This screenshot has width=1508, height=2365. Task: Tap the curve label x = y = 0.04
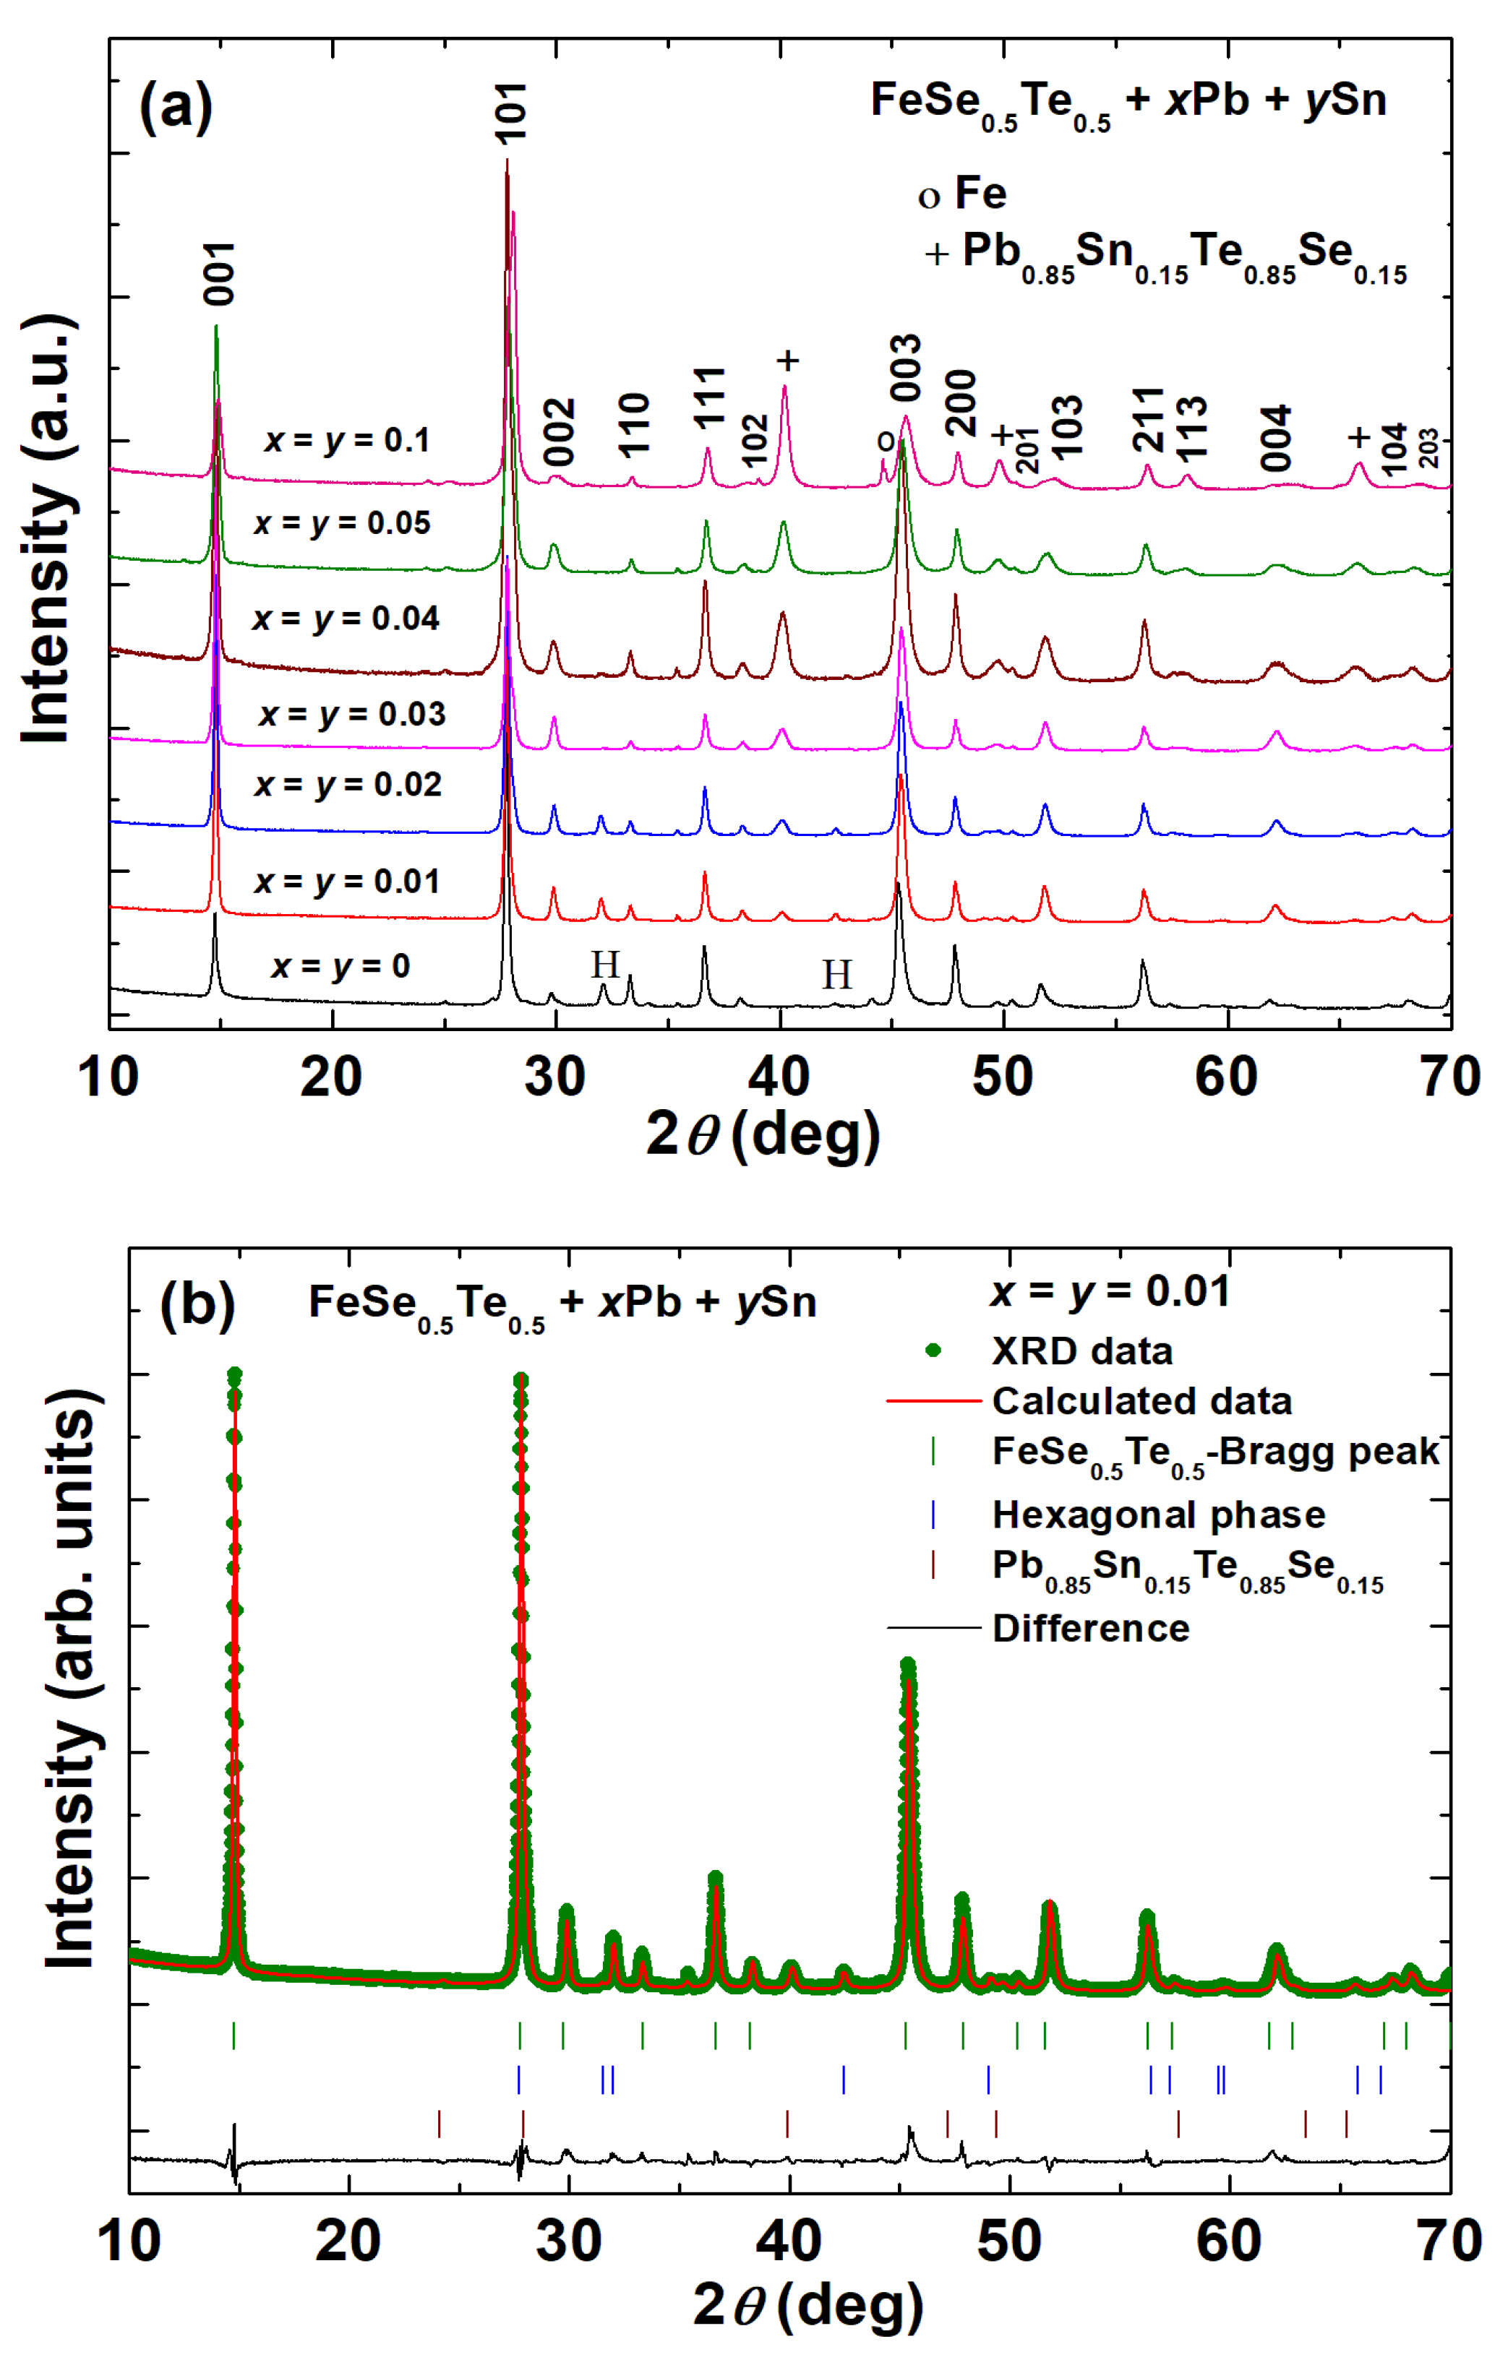click(x=346, y=619)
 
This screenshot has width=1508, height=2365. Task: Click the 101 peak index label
click(x=512, y=112)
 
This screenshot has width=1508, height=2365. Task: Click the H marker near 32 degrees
click(x=604, y=965)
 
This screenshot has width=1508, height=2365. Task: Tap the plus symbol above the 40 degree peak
click(x=787, y=361)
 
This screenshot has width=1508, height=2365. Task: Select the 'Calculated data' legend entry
click(x=1141, y=1400)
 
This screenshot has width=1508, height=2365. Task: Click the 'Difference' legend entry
click(x=1090, y=1629)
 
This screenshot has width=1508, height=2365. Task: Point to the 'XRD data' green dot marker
click(x=933, y=1350)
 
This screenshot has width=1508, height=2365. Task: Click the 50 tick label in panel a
click(x=1002, y=1077)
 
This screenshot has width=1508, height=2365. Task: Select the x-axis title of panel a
click(x=763, y=1135)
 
